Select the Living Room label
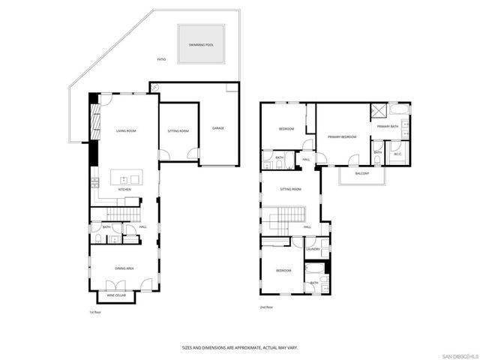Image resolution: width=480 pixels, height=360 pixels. pos(125,131)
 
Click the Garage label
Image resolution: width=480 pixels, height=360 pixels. pos(218,128)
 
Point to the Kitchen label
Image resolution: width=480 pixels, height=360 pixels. pos(124,190)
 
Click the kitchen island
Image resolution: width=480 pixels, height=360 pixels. pos(126,178)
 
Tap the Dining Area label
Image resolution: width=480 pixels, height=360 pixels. pos(124,268)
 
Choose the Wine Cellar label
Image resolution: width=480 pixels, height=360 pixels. pos(116,295)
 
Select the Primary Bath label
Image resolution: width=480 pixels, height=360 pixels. pos(388,127)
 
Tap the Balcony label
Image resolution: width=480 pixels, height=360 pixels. pos(362,173)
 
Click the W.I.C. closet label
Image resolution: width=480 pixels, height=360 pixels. pos(398,153)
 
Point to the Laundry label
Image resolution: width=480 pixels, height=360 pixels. pos(313,249)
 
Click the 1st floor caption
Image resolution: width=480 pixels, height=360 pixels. pos(95,312)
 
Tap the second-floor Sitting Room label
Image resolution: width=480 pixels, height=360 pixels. pos(290,189)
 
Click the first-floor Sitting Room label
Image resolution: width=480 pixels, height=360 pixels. pos(178,131)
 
